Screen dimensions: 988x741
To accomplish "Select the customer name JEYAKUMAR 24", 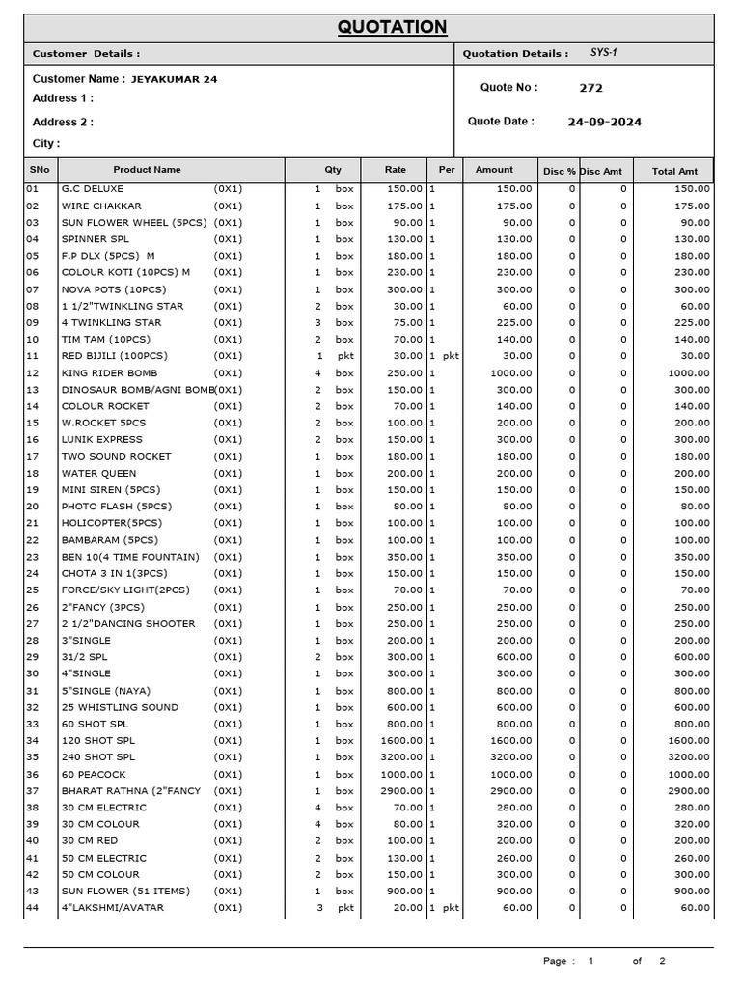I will pos(174,79).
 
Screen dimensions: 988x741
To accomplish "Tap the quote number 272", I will pos(590,88).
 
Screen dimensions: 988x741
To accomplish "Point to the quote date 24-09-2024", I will pos(605,123).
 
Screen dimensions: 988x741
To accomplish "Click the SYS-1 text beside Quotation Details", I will pos(603,53).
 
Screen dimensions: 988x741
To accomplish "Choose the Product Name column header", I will pos(147,170).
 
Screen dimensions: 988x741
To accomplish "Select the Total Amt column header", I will pos(674,171).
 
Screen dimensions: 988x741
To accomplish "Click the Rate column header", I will pos(396,170).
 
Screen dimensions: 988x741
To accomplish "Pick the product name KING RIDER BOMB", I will pos(109,373).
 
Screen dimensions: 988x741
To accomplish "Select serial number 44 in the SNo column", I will pos(33,908).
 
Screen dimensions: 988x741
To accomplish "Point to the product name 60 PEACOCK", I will pos(95,775).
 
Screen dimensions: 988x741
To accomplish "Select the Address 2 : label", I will pos(63,123).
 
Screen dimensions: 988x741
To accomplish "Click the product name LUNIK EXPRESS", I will pos(102,440).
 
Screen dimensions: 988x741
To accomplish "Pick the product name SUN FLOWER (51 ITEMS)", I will pos(125,892).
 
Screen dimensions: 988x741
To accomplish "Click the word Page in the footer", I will pos(555,961).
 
